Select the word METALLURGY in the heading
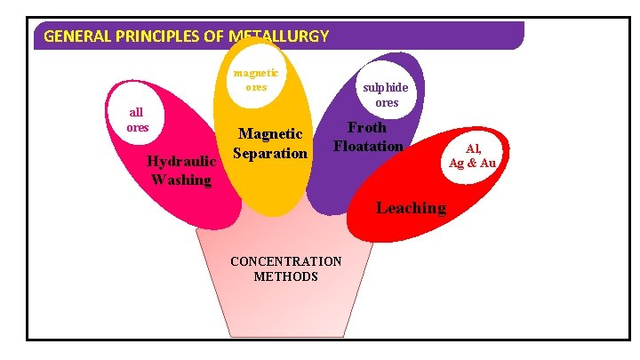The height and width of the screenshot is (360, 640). (278, 36)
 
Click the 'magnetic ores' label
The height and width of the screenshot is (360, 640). (256, 80)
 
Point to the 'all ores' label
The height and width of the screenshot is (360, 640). (137, 120)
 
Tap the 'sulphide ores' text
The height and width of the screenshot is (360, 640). (386, 95)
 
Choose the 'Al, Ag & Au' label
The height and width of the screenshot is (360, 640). (472, 156)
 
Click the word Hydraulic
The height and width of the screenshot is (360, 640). (182, 162)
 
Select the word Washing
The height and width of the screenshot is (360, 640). (181, 180)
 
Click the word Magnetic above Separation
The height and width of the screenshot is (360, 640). (270, 134)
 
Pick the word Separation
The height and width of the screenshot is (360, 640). (270, 153)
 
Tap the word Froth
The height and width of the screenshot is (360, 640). (366, 128)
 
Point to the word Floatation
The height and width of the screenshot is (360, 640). (368, 146)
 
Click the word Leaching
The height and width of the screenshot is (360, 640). (411, 208)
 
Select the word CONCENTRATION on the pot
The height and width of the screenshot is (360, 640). (285, 261)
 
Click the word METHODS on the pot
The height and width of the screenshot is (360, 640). (285, 276)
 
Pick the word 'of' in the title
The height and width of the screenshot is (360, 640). (212, 36)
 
